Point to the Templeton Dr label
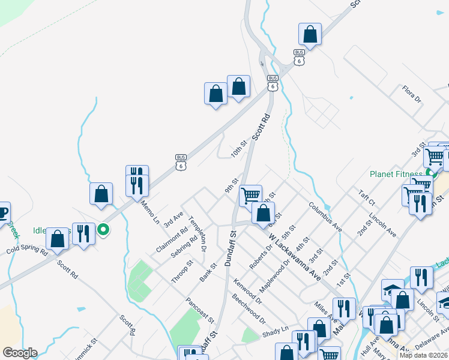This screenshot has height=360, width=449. pos(198,233)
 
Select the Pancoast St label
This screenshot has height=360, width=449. pos(200,309)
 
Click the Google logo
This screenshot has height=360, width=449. pos(19,353)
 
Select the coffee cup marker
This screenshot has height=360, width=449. pos(2,213)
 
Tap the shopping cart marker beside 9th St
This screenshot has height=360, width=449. pos(250,194)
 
